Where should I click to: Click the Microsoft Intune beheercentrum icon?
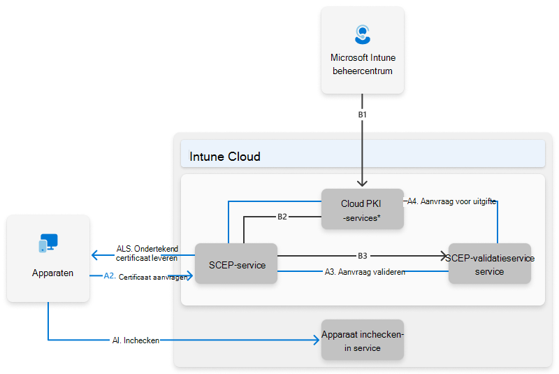pyautogui.click(x=362, y=34)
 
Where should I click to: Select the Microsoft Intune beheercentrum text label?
pyautogui.click(x=362, y=64)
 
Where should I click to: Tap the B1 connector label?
pyautogui.click(x=363, y=113)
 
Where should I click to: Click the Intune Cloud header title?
pyautogui.click(x=225, y=157)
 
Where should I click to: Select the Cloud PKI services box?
pyautogui.click(x=362, y=209)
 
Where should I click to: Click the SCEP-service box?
pyautogui.click(x=236, y=264)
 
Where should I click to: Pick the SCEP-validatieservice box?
pyautogui.click(x=489, y=264)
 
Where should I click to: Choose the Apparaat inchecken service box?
pyautogui.click(x=362, y=340)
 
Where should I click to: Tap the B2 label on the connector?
pyautogui.click(x=282, y=217)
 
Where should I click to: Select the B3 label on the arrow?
pyautogui.click(x=363, y=256)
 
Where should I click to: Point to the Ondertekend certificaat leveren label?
pyautogui.click(x=147, y=253)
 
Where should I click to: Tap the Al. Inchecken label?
pyautogui.click(x=136, y=340)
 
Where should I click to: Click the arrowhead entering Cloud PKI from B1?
pyautogui.click(x=363, y=185)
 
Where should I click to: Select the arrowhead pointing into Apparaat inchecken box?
pyautogui.click(x=317, y=340)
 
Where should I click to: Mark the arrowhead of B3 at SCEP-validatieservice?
pyautogui.click(x=444, y=256)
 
